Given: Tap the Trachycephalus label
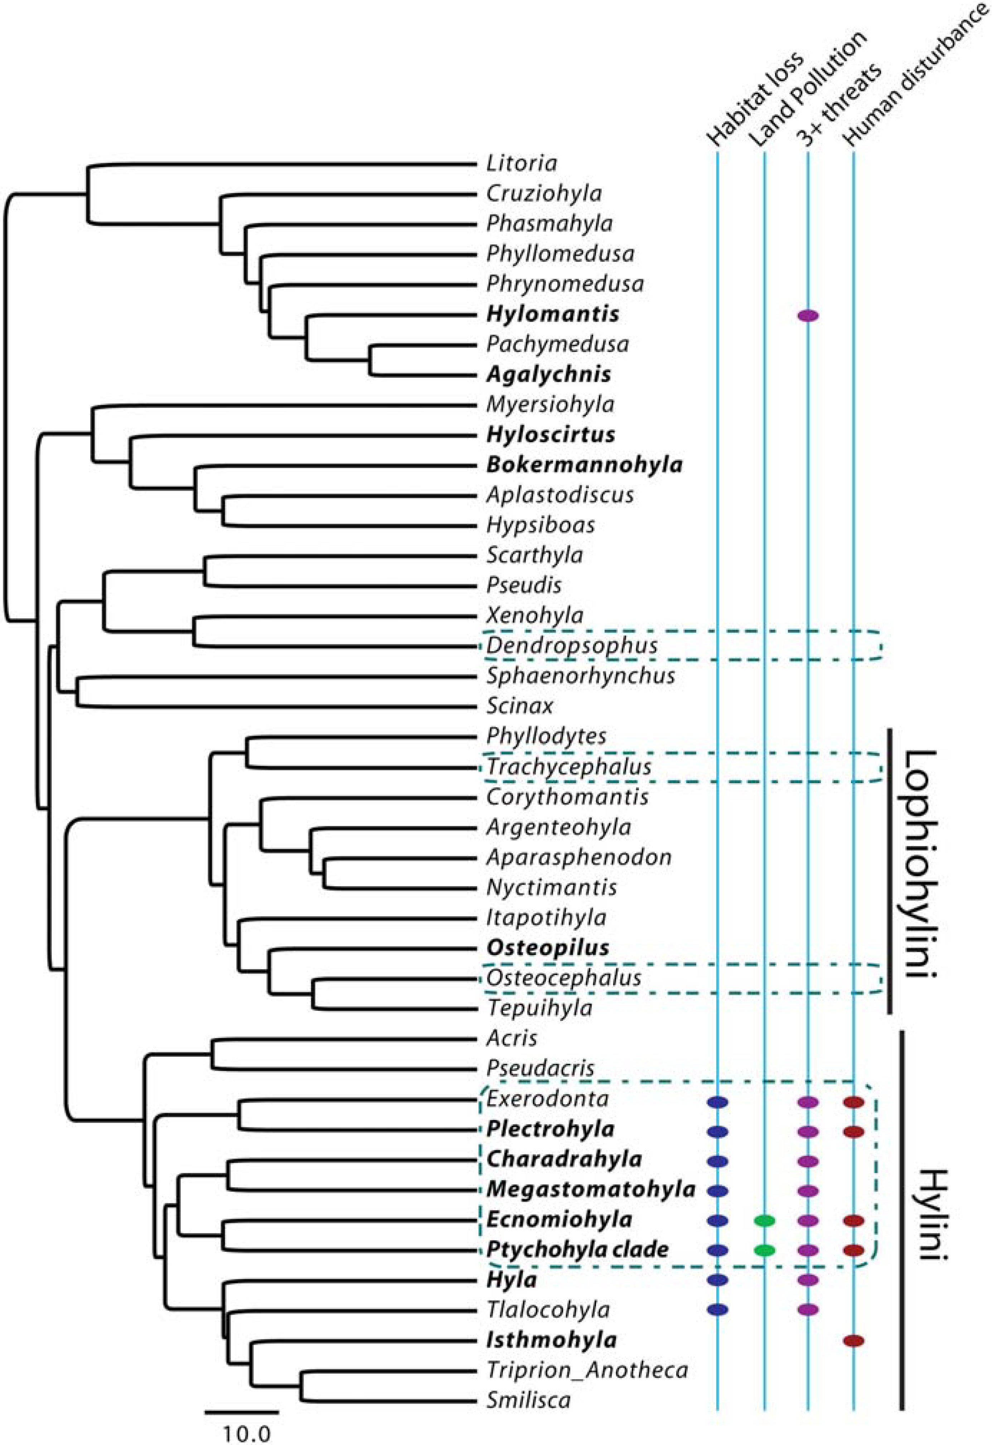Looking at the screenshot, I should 568,767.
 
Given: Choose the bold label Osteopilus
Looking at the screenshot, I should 548,947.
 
